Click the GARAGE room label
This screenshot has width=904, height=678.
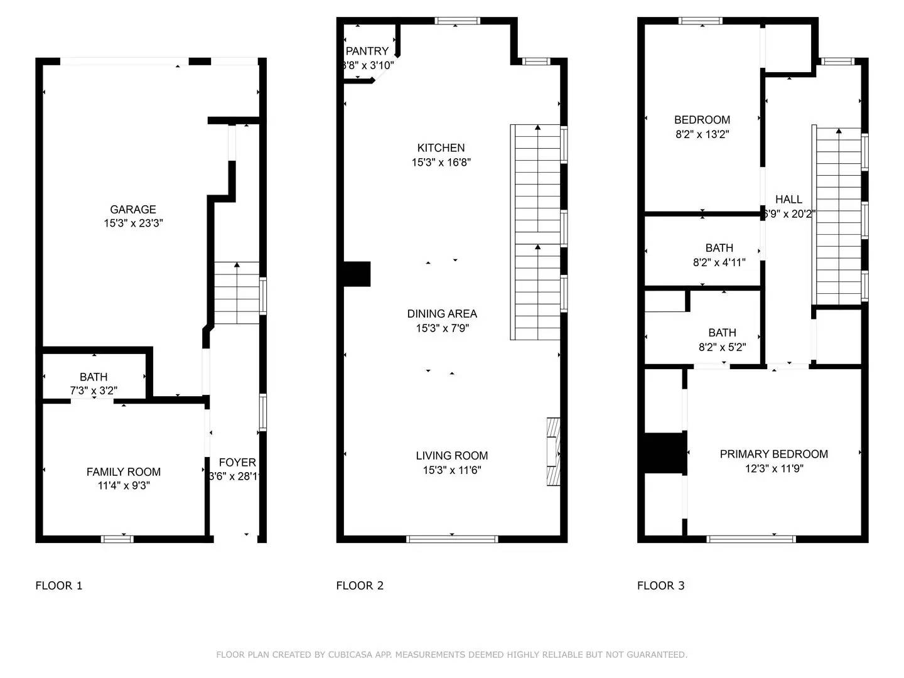pyautogui.click(x=132, y=210)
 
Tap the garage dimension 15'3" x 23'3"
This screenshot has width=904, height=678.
pyautogui.click(x=133, y=223)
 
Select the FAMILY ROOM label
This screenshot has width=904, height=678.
pyautogui.click(x=123, y=471)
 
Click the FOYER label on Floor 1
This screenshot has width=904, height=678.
pyautogui.click(x=237, y=463)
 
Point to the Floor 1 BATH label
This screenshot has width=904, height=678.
pyautogui.click(x=93, y=377)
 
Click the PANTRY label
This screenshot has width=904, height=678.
pyautogui.click(x=367, y=51)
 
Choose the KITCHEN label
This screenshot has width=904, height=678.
pyautogui.click(x=441, y=148)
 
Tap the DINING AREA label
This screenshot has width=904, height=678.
pyautogui.click(x=442, y=314)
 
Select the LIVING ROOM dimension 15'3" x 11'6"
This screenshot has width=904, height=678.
pyautogui.click(x=451, y=470)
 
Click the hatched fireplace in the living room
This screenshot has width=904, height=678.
pyautogui.click(x=552, y=452)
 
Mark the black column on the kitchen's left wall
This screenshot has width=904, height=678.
pyautogui.click(x=357, y=274)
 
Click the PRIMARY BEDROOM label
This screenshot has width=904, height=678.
pyautogui.click(x=773, y=454)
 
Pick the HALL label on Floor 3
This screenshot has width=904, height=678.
pyautogui.click(x=788, y=200)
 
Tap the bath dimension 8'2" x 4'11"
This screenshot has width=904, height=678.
pyautogui.click(x=719, y=262)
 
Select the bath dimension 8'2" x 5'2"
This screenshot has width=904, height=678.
pyautogui.click(x=722, y=347)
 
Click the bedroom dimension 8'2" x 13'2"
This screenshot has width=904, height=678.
pyautogui.click(x=702, y=134)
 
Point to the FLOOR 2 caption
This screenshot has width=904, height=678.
pyautogui.click(x=360, y=586)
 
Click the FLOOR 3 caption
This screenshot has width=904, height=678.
pyautogui.click(x=660, y=586)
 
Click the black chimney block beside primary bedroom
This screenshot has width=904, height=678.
pyautogui.click(x=664, y=453)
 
